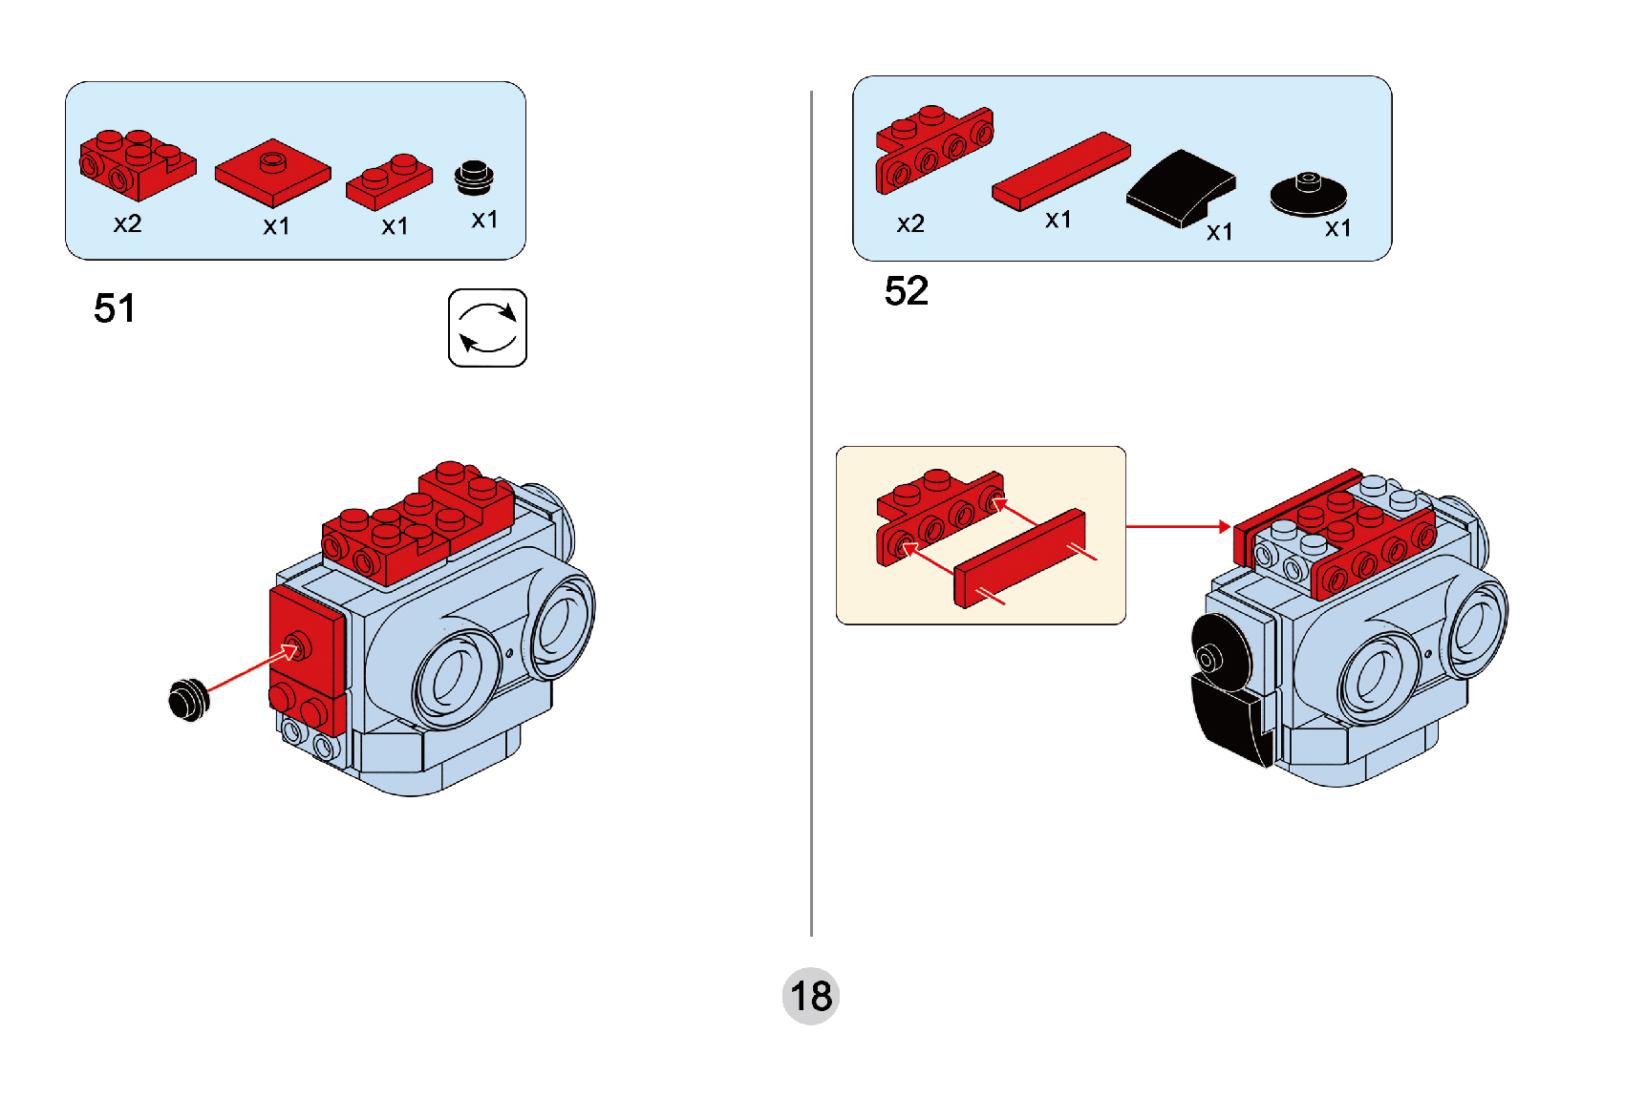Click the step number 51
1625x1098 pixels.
pyautogui.click(x=115, y=308)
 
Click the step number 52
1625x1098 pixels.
pyautogui.click(x=906, y=291)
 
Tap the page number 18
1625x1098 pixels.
pyautogui.click(x=810, y=996)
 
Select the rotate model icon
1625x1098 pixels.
pyautogui.click(x=487, y=327)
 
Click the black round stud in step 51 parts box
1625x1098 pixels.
pyautogui.click(x=474, y=177)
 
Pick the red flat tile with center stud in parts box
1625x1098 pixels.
pyautogui.click(x=273, y=173)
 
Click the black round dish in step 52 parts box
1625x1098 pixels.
pyautogui.click(x=1308, y=193)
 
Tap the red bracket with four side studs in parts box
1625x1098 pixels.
pyautogui.click(x=933, y=150)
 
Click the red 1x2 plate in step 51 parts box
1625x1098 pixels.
pyautogui.click(x=389, y=181)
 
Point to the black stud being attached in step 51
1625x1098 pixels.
pyautogui.click(x=188, y=699)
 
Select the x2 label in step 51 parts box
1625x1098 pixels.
pyautogui.click(x=127, y=223)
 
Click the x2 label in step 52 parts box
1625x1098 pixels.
pyautogui.click(x=909, y=223)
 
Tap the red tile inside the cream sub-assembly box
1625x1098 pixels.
pyautogui.click(x=1019, y=558)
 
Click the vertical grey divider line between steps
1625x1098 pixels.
pyautogui.click(x=811, y=516)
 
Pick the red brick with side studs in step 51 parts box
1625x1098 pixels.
pyautogui.click(x=136, y=164)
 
